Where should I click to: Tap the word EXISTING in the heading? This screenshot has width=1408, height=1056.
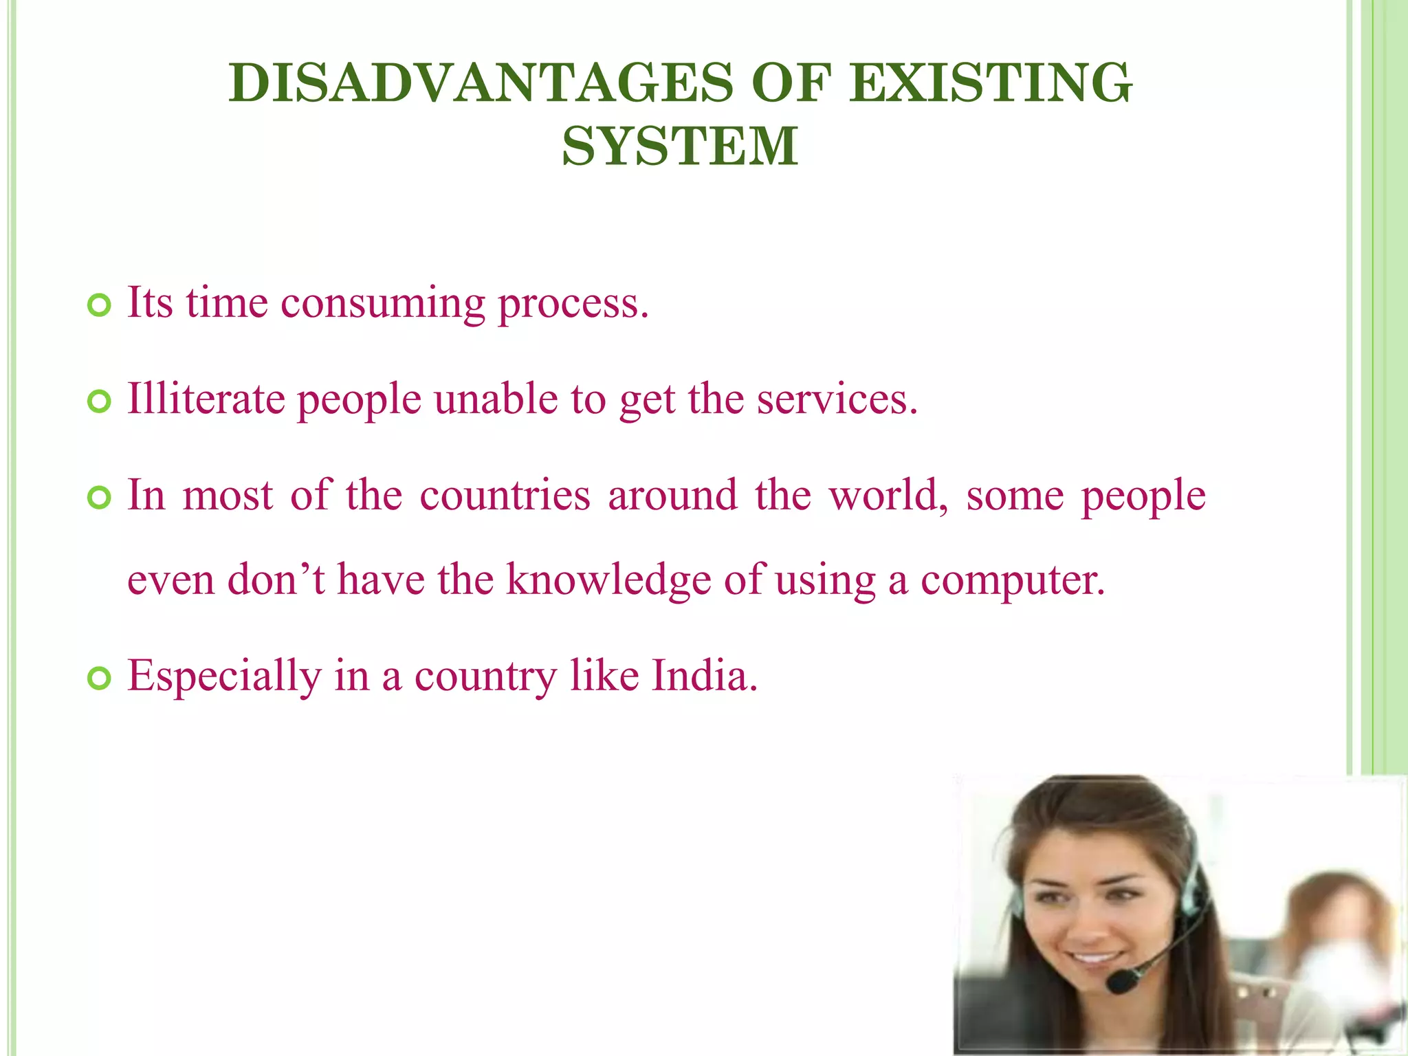pos(990,82)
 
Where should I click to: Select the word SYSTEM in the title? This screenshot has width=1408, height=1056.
pos(680,146)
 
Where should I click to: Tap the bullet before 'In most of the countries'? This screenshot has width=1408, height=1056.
pos(100,498)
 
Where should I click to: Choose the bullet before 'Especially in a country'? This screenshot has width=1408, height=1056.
pos(100,679)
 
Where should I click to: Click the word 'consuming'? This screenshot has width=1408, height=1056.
pos(382,304)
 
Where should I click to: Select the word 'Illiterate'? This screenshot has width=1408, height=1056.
pos(206,399)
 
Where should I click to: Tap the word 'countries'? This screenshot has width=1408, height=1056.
pos(505,495)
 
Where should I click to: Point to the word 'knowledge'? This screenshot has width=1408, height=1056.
pos(608,580)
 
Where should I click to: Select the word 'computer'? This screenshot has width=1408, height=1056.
pos(1012,580)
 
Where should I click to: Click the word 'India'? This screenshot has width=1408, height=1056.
pos(704,676)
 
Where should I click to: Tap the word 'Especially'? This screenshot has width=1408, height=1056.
pos(224,677)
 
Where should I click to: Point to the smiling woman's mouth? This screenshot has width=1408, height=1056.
pos(1093,956)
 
